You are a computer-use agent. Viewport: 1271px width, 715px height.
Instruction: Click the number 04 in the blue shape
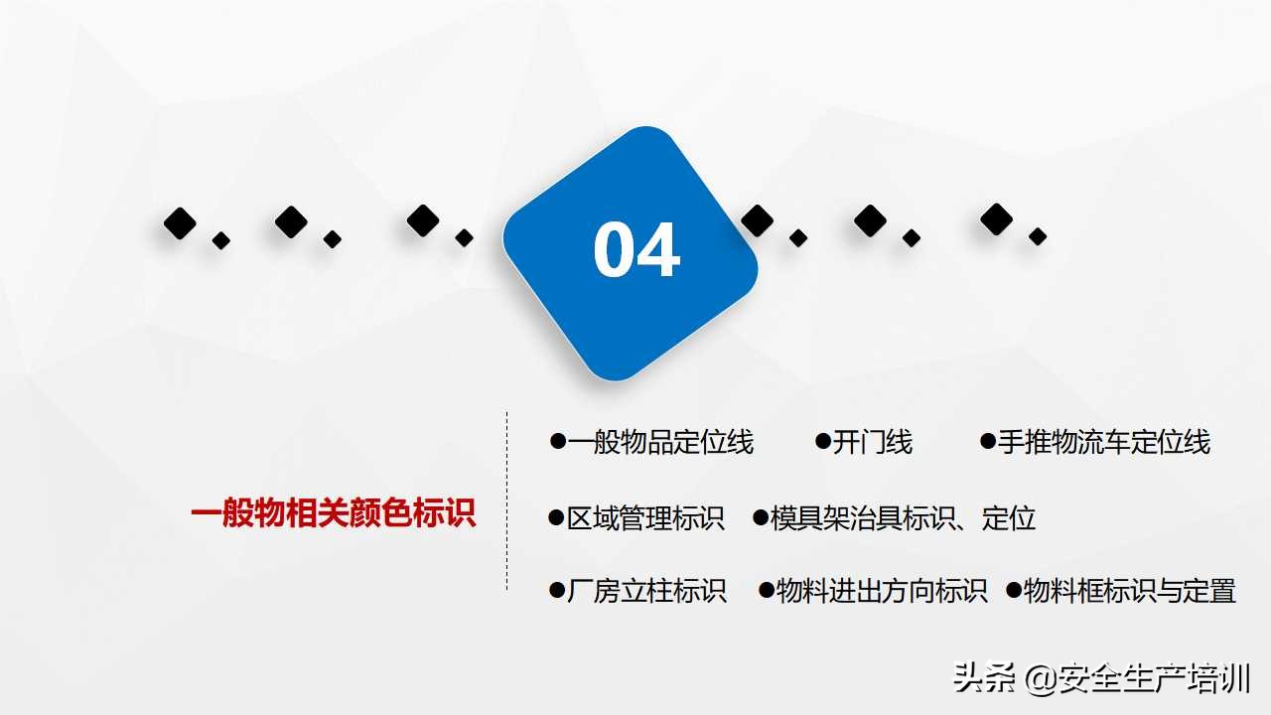[x=636, y=250]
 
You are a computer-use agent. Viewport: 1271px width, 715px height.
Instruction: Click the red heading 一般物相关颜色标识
[x=334, y=513]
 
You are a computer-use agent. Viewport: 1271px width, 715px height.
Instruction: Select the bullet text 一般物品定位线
[x=660, y=442]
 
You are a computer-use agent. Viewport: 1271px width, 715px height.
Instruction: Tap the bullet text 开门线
[x=872, y=442]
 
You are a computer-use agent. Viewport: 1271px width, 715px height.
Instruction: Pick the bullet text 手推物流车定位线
[x=1103, y=442]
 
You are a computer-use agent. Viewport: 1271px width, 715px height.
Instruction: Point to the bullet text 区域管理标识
[x=645, y=517]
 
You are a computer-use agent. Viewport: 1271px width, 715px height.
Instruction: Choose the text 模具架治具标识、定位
[x=903, y=517]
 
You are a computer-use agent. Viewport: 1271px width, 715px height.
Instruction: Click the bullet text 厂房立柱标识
[x=646, y=591]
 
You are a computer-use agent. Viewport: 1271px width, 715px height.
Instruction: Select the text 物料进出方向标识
[x=882, y=591]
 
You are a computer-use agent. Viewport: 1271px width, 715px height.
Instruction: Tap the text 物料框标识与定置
[x=1129, y=591]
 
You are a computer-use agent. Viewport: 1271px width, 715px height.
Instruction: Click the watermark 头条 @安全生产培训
[x=1101, y=679]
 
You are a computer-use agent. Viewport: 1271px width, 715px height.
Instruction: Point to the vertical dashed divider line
[x=507, y=501]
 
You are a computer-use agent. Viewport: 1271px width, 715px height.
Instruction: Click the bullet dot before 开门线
[x=822, y=441]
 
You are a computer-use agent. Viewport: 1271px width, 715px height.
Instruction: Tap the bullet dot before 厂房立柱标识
[x=556, y=591]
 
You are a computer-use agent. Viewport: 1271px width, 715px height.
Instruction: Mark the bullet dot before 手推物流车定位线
[x=987, y=441]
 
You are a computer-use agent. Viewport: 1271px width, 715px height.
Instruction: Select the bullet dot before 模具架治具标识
[x=761, y=517]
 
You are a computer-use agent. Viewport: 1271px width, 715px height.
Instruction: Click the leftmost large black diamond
[x=180, y=223]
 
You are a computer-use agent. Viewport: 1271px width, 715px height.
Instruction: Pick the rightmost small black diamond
[x=1038, y=236]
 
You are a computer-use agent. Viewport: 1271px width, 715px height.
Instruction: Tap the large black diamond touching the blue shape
[x=757, y=220]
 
